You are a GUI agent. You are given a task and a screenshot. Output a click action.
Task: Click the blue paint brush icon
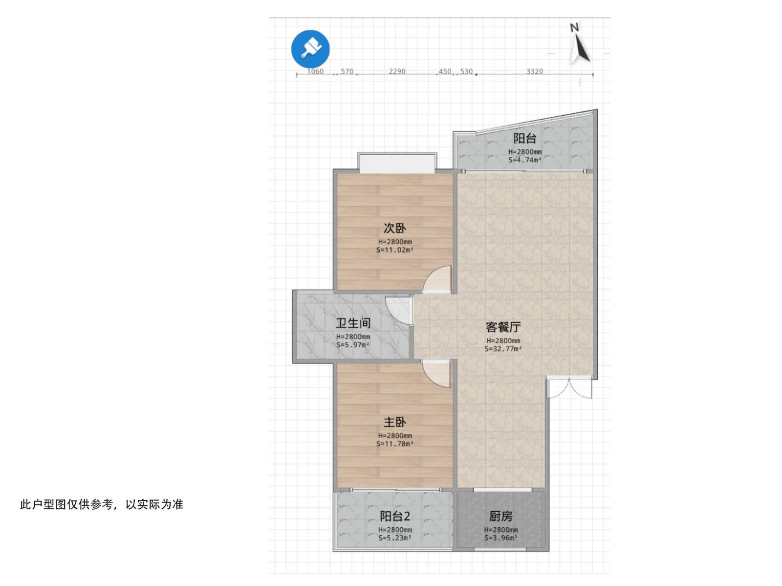pos(310,49)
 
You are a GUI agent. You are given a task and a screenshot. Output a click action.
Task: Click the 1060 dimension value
pos(315,71)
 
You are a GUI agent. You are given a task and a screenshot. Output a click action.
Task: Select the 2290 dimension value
pos(397,71)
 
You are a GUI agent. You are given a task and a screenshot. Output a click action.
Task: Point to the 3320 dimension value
pos(534,71)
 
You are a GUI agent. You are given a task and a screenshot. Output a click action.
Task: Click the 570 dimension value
pos(347,71)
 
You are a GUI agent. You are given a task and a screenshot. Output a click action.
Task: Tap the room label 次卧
pos(395,228)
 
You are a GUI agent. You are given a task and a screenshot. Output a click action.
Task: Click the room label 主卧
pos(395,422)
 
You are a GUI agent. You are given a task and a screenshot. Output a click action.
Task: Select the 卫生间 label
pos(353,323)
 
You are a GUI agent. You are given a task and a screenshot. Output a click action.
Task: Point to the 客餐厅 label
pos(503,327)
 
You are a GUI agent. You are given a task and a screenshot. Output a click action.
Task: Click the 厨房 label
pos(500,516)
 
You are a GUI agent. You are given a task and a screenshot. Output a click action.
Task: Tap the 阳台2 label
pos(395,516)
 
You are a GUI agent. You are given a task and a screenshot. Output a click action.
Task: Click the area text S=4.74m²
pos(525,160)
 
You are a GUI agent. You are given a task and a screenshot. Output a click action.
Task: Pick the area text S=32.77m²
pos(503,349)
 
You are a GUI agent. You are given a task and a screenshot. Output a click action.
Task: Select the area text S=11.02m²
pos(395,250)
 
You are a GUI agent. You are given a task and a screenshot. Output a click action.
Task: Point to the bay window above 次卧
pos(397,163)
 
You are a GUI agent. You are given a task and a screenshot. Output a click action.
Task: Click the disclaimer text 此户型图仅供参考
pos(66,504)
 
